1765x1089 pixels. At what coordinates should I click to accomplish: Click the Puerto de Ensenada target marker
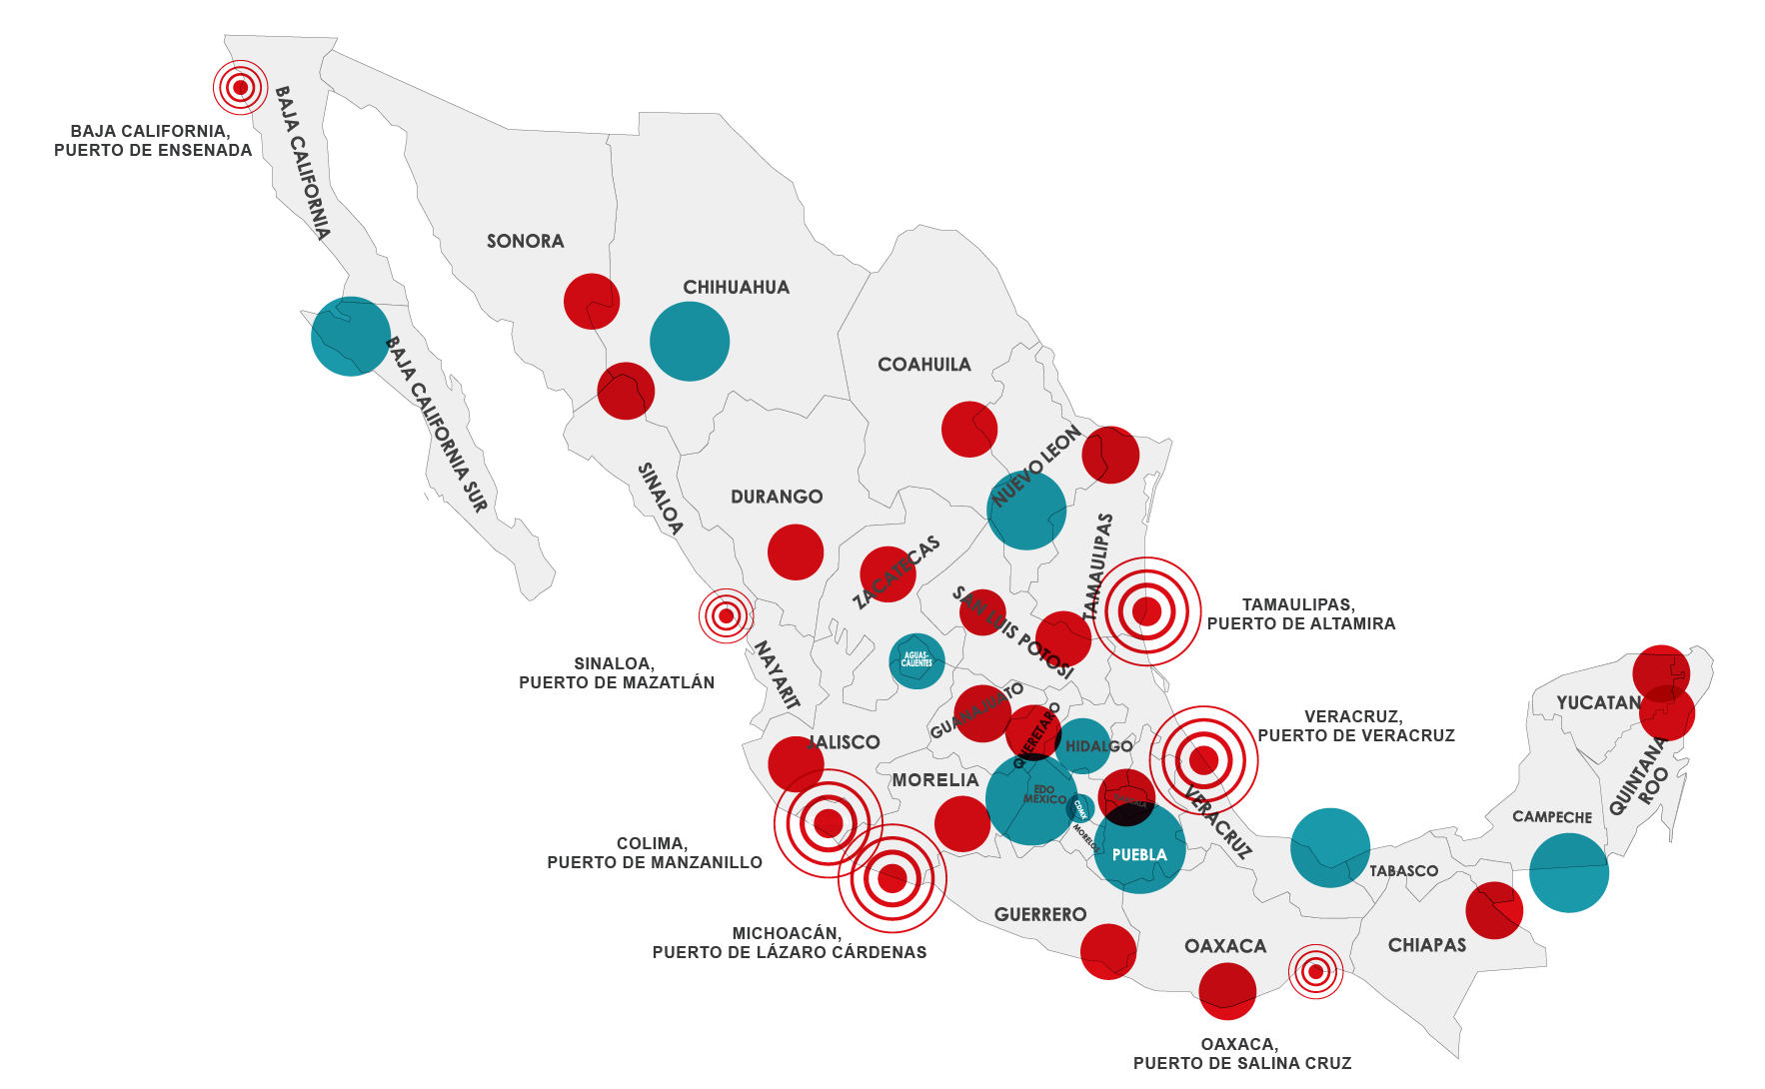coord(240,88)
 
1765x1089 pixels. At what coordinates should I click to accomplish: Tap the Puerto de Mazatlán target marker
coord(726,615)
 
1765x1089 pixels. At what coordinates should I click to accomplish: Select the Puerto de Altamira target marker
coord(1146,610)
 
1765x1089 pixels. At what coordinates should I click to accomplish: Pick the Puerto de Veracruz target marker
coord(1203,760)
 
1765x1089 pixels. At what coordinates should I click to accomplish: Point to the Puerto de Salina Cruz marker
coord(1315,971)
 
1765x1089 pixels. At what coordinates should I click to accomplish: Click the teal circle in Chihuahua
coord(690,341)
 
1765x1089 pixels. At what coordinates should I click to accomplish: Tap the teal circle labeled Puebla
coord(1139,849)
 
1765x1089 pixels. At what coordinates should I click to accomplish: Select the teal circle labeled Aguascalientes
coord(916,660)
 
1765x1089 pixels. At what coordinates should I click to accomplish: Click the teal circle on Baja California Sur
coord(351,337)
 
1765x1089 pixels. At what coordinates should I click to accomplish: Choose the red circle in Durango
coord(796,551)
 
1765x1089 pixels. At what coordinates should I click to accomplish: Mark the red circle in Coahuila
coord(969,430)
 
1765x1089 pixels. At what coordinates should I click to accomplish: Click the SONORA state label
coord(526,241)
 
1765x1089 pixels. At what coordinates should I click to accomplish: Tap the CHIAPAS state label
coord(1426,945)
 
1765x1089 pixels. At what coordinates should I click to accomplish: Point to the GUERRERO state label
coord(1040,914)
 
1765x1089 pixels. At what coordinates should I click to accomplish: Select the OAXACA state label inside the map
coord(1224,946)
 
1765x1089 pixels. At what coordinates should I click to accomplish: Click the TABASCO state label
coord(1403,871)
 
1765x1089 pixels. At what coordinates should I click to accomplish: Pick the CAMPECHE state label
coord(1552,817)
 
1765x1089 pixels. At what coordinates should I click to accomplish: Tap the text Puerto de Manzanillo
coord(655,862)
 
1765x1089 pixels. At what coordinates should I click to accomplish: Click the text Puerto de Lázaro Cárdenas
coord(789,952)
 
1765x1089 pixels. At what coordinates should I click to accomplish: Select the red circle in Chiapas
coord(1494,910)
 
